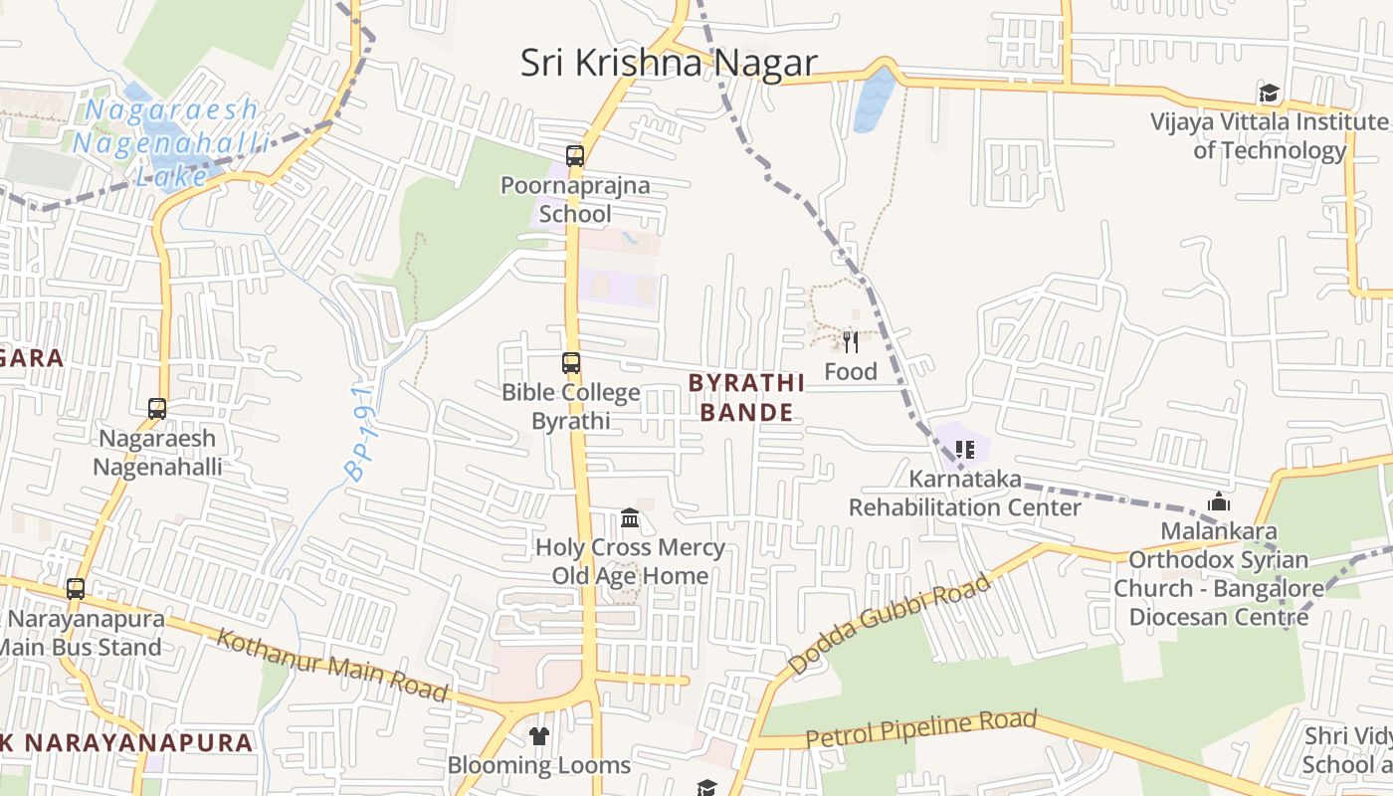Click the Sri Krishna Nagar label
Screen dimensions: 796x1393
coord(669,63)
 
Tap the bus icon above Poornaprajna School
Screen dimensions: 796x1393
coord(575,156)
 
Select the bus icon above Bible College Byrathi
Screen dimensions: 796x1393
coord(571,363)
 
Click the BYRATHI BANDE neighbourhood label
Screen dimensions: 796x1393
coord(746,397)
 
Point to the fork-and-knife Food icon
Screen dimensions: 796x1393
coord(851,342)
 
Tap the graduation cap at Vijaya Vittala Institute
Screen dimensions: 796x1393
coord(1269,94)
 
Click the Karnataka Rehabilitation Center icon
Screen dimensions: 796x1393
coord(963,450)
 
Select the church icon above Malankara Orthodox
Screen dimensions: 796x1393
coord(1219,502)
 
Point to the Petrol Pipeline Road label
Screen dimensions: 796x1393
coord(920,729)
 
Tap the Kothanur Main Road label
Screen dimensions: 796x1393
coord(333,665)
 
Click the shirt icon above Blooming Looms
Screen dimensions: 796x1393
coord(538,736)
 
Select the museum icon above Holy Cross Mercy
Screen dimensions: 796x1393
coord(630,518)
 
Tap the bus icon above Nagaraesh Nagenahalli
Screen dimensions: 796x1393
coord(157,408)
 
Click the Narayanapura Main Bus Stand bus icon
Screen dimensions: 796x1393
coord(76,588)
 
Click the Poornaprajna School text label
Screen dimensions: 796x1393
coord(575,199)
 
